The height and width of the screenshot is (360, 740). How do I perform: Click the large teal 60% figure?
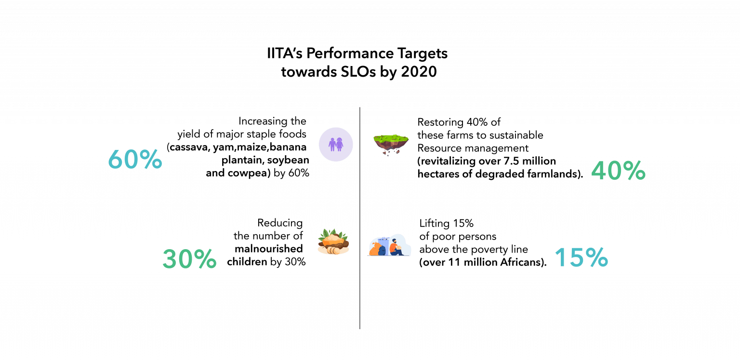click(134, 160)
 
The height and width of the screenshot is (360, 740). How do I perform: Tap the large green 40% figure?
click(618, 171)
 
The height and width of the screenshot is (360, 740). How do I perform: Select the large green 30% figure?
click(189, 259)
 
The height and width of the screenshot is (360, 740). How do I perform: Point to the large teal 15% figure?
click(581, 257)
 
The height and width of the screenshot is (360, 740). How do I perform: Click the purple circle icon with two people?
click(336, 144)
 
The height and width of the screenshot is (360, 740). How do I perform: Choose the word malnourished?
click(269, 249)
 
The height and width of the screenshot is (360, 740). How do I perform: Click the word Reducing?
click(280, 223)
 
